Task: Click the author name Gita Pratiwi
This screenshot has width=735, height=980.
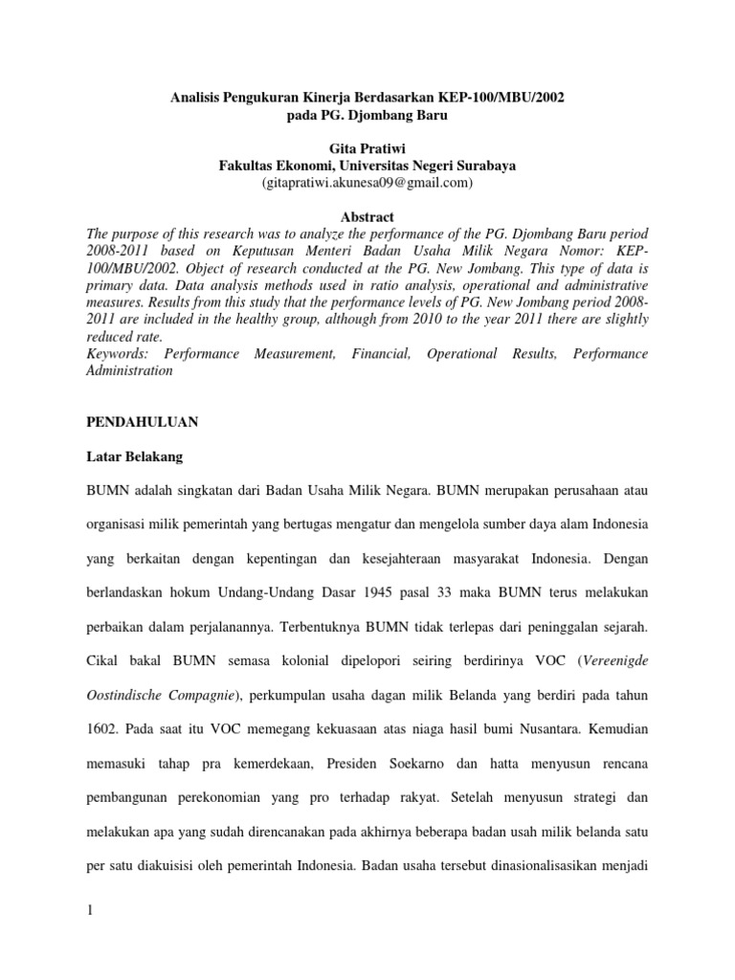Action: click(367, 148)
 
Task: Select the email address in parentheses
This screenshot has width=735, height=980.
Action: click(367, 182)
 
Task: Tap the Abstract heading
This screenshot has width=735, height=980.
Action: click(367, 217)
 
